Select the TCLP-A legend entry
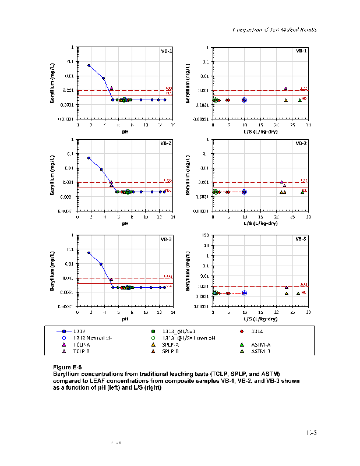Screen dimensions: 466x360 (82, 344)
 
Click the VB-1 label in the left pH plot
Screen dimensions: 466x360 (166, 51)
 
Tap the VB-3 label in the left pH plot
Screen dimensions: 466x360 (166, 239)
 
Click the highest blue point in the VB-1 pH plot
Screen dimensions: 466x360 (89, 65)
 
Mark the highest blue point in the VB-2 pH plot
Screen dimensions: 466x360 (89, 158)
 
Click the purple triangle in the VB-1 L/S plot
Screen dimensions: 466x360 (285, 89)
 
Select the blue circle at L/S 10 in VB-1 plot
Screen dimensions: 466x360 (244, 100)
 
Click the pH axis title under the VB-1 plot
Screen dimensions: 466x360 (125, 132)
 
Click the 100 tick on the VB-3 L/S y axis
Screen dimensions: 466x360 (207, 235)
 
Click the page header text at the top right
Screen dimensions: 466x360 (274, 29)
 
